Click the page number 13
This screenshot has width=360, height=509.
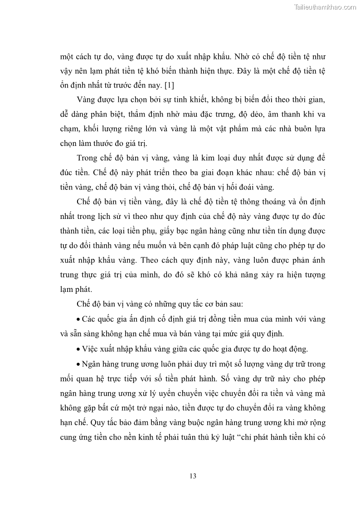click(193, 476)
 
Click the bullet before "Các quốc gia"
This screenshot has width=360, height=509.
click(79, 319)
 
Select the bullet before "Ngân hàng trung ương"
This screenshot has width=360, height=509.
click(79, 364)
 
